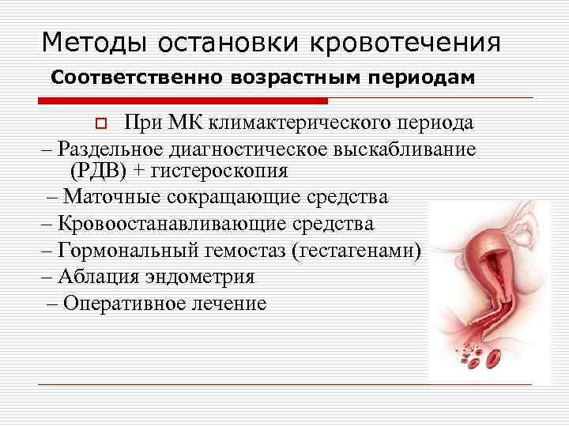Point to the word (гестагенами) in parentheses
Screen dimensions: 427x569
tap(357, 251)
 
